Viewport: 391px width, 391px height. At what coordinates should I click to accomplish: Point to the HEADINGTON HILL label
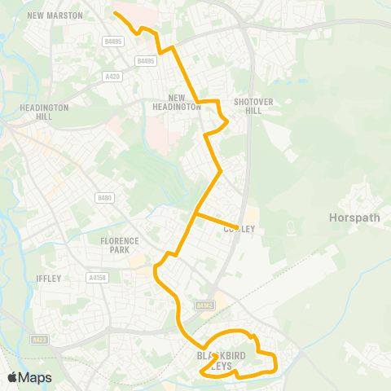pyautogui.click(x=33, y=112)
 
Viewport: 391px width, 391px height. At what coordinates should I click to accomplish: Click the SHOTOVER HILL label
pyautogui.click(x=248, y=107)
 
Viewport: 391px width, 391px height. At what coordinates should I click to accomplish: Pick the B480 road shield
pyautogui.click(x=103, y=198)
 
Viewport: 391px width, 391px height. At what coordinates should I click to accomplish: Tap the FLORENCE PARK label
pyautogui.click(x=120, y=245)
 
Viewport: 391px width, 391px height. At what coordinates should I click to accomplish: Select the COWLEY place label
pyautogui.click(x=239, y=230)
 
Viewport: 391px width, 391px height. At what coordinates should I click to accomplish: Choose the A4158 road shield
pyautogui.click(x=98, y=278)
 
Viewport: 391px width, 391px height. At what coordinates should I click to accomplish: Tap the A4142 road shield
pyautogui.click(x=204, y=305)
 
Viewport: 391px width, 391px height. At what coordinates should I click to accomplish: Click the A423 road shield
pyautogui.click(x=39, y=340)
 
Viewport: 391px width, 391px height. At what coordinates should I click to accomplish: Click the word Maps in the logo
pyautogui.click(x=37, y=377)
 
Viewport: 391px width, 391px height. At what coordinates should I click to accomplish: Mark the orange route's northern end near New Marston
pyautogui.click(x=114, y=13)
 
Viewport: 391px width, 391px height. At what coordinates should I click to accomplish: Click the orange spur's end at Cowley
pyautogui.click(x=237, y=227)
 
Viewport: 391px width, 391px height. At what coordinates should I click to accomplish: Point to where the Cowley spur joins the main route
pyautogui.click(x=196, y=214)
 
